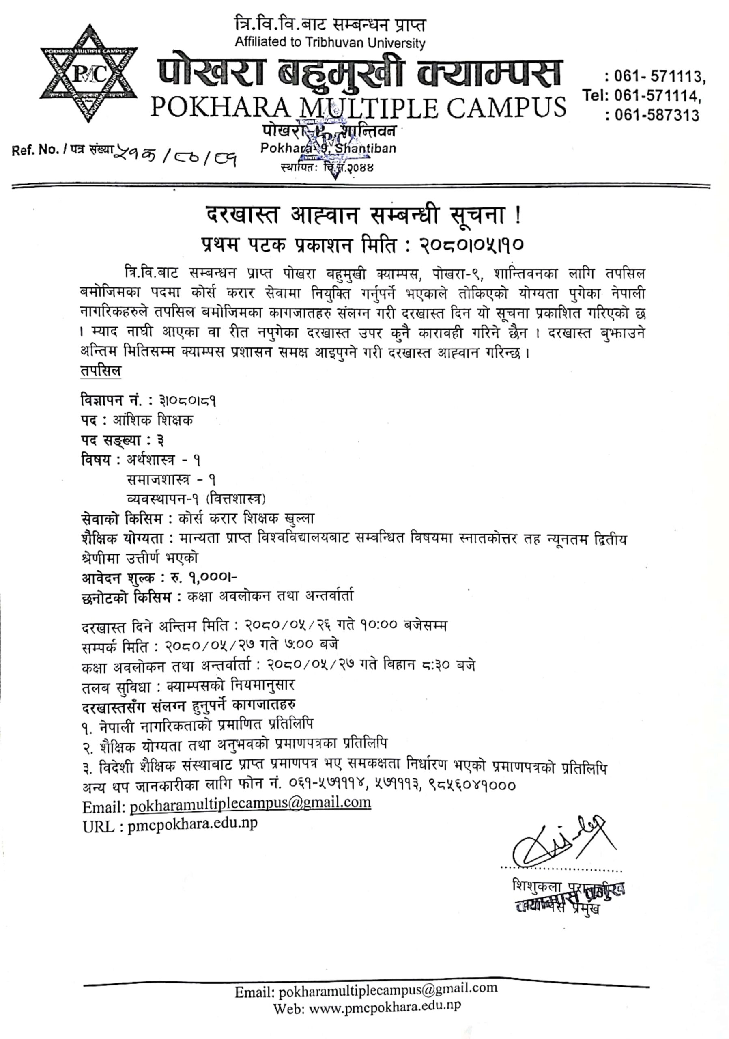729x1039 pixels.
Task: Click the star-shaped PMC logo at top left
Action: pyautogui.click(x=88, y=73)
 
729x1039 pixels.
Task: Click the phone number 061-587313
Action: pyautogui.click(x=657, y=115)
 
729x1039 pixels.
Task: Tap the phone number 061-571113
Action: pyautogui.click(x=659, y=77)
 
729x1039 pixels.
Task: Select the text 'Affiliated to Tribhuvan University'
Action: pyautogui.click(x=330, y=43)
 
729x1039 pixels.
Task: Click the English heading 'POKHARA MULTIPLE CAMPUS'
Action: pyautogui.click(x=358, y=107)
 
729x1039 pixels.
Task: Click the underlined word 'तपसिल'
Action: pyautogui.click(x=100, y=371)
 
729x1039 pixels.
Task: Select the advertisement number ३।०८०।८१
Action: pyautogui.click(x=187, y=401)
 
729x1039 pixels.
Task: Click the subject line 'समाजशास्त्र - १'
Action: pyautogui.click(x=171, y=479)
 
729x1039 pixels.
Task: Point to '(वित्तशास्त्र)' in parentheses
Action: pyautogui.click(x=235, y=499)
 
